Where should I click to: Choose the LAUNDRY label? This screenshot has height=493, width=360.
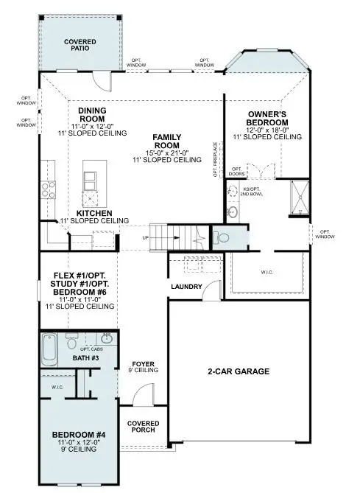point(186,286)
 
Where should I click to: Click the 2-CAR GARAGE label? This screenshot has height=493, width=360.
point(237,371)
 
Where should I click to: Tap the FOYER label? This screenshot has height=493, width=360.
point(142,365)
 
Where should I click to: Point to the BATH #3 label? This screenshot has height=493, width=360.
point(85,358)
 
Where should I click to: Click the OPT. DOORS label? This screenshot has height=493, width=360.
point(236,172)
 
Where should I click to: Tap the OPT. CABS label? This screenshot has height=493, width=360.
point(101,349)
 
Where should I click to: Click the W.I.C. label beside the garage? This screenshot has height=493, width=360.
point(267,273)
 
